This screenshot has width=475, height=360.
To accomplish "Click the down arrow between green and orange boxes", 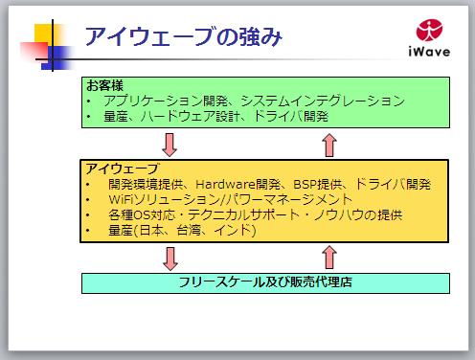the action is pos(170,144).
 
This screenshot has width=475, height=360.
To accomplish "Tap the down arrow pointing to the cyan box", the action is pos(170,259).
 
